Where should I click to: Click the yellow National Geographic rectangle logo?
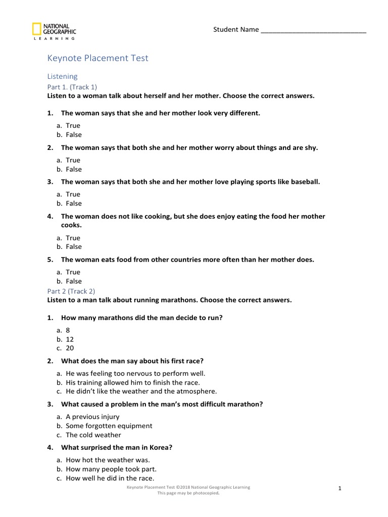click(36, 29)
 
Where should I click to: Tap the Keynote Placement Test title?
click(98, 58)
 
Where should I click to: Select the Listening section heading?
click(62, 76)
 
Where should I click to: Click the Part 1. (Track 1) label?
click(72, 87)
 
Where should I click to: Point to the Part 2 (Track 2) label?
click(71, 291)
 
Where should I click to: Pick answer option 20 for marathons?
click(70, 348)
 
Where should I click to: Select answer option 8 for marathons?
click(68, 330)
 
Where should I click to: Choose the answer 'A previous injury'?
click(92, 417)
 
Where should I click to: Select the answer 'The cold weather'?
click(93, 435)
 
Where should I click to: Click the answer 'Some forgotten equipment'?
click(109, 426)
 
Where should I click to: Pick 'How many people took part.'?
click(111, 469)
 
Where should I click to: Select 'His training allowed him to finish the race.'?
click(133, 382)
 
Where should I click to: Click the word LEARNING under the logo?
click(54, 38)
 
